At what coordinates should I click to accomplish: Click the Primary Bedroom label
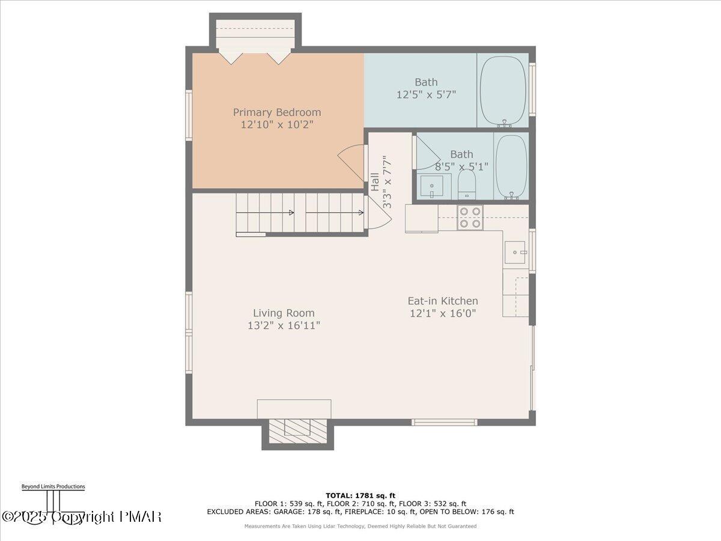277,112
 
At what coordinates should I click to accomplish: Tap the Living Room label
284,313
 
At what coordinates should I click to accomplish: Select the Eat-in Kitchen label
443,301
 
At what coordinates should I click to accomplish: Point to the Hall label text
375,182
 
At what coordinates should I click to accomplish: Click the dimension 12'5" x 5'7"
427,95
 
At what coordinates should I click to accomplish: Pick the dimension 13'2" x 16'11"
284,326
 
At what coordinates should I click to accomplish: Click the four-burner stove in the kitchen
470,217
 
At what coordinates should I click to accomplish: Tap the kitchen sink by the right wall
515,252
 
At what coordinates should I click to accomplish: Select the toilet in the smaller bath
467,185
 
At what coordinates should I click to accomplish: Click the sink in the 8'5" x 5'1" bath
431,186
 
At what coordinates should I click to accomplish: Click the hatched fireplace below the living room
298,431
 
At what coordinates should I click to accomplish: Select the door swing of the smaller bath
427,153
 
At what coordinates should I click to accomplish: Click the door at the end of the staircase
379,213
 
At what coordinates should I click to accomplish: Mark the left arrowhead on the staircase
291,213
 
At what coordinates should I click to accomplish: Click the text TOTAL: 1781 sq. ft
360,496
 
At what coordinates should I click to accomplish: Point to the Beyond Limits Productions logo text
53,486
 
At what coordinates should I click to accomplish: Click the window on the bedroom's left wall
189,115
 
